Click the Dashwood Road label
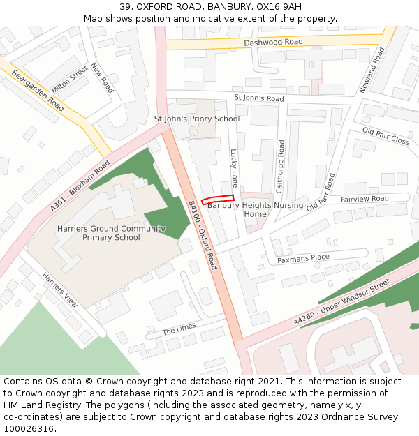click(274, 43)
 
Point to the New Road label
click(102, 78)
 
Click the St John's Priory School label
click(197, 119)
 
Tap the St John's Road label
click(259, 98)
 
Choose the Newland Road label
click(372, 70)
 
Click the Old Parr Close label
click(385, 136)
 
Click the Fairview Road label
click(365, 199)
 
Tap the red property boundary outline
click(217, 200)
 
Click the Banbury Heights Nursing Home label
click(256, 209)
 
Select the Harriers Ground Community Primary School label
click(111, 233)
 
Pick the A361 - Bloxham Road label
click(80, 186)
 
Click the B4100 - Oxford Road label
click(203, 235)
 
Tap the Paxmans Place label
click(303, 258)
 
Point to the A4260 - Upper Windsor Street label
click(341, 300)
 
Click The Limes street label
click(179, 328)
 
